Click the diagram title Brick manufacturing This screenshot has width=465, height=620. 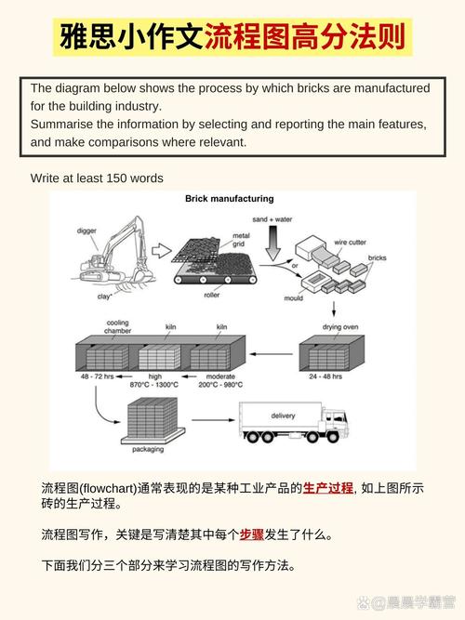229,199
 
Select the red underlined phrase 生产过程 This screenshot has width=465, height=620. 327,487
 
